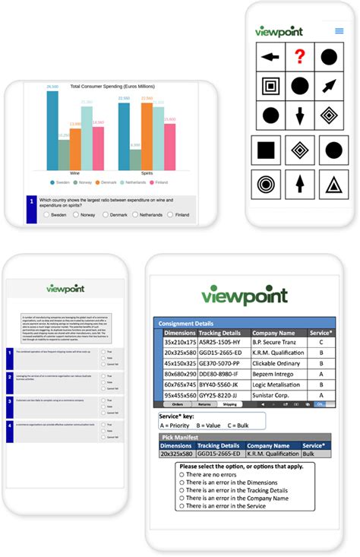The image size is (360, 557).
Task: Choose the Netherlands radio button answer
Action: (135, 215)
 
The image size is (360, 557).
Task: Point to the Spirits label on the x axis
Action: (147, 173)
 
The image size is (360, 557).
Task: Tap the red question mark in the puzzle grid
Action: (302, 57)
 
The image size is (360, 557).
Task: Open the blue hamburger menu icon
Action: (339, 32)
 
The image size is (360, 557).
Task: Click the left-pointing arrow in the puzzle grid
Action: (270, 57)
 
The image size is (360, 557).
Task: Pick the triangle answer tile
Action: (333, 183)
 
